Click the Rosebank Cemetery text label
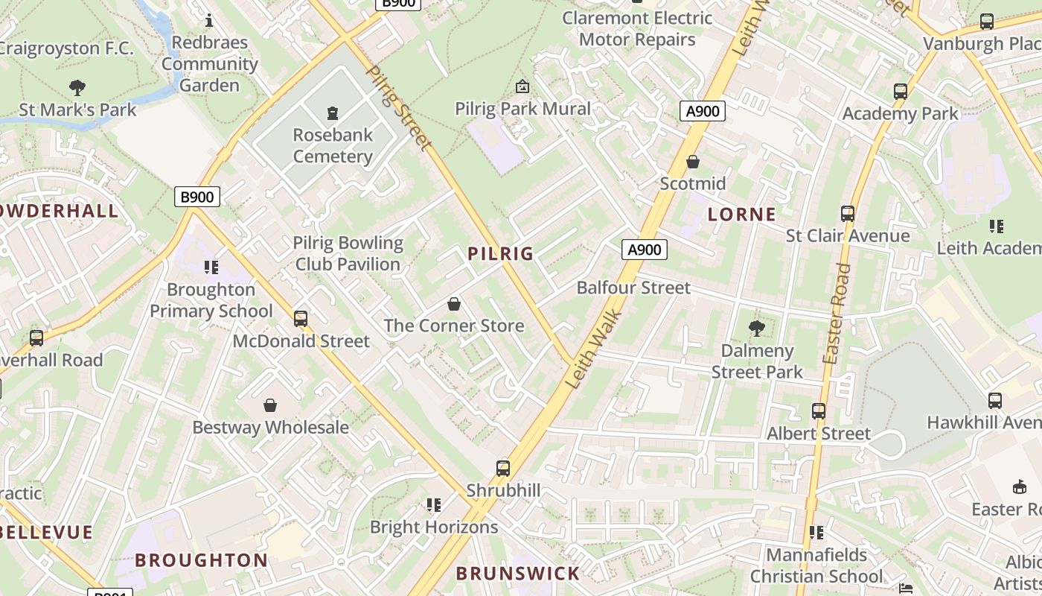point(333,146)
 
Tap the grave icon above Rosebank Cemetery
point(333,113)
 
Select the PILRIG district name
point(501,254)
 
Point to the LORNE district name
point(741,215)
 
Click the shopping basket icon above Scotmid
point(693,162)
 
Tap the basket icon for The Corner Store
point(454,304)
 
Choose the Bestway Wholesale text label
point(270,428)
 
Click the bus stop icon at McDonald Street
point(301,319)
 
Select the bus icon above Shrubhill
point(503,469)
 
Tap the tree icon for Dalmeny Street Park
point(757,328)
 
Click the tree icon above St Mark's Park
point(77,88)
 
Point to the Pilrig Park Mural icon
point(522,87)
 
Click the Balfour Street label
point(633,288)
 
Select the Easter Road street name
point(837,314)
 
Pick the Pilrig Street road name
point(400,108)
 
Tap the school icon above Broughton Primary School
point(211,267)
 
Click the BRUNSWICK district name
point(517,574)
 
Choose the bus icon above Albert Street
point(819,411)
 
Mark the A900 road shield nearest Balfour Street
point(644,250)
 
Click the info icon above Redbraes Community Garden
point(209,20)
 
